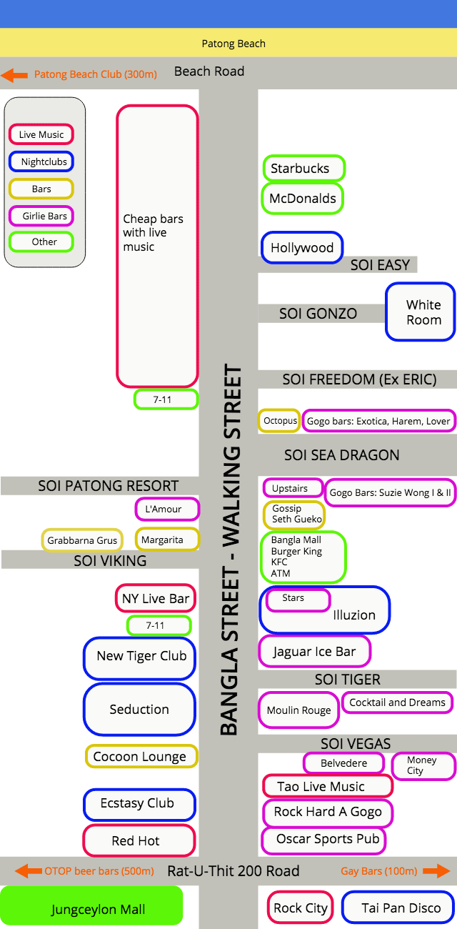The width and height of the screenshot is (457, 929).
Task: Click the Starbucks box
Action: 303,169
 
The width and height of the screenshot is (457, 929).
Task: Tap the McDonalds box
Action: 303,199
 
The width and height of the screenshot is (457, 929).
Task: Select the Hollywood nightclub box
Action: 301,248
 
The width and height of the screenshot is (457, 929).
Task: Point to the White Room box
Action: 423,312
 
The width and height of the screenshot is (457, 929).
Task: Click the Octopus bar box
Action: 280,421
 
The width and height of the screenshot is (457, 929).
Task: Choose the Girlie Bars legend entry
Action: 41,216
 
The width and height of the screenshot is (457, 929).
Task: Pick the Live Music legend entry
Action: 41,134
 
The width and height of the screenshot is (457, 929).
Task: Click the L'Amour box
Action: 167,509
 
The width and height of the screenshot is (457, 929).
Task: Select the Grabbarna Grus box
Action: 82,540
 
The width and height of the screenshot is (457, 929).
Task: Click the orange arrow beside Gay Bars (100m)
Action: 436,871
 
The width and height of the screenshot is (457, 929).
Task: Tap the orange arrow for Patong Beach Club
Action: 15,74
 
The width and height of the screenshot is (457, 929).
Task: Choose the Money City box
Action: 423,765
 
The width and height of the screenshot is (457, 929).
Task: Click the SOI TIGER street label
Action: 348,679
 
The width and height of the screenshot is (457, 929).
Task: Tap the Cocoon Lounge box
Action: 141,756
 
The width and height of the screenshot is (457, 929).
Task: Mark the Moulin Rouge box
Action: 298,710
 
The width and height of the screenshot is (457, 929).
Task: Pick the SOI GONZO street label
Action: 318,313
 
